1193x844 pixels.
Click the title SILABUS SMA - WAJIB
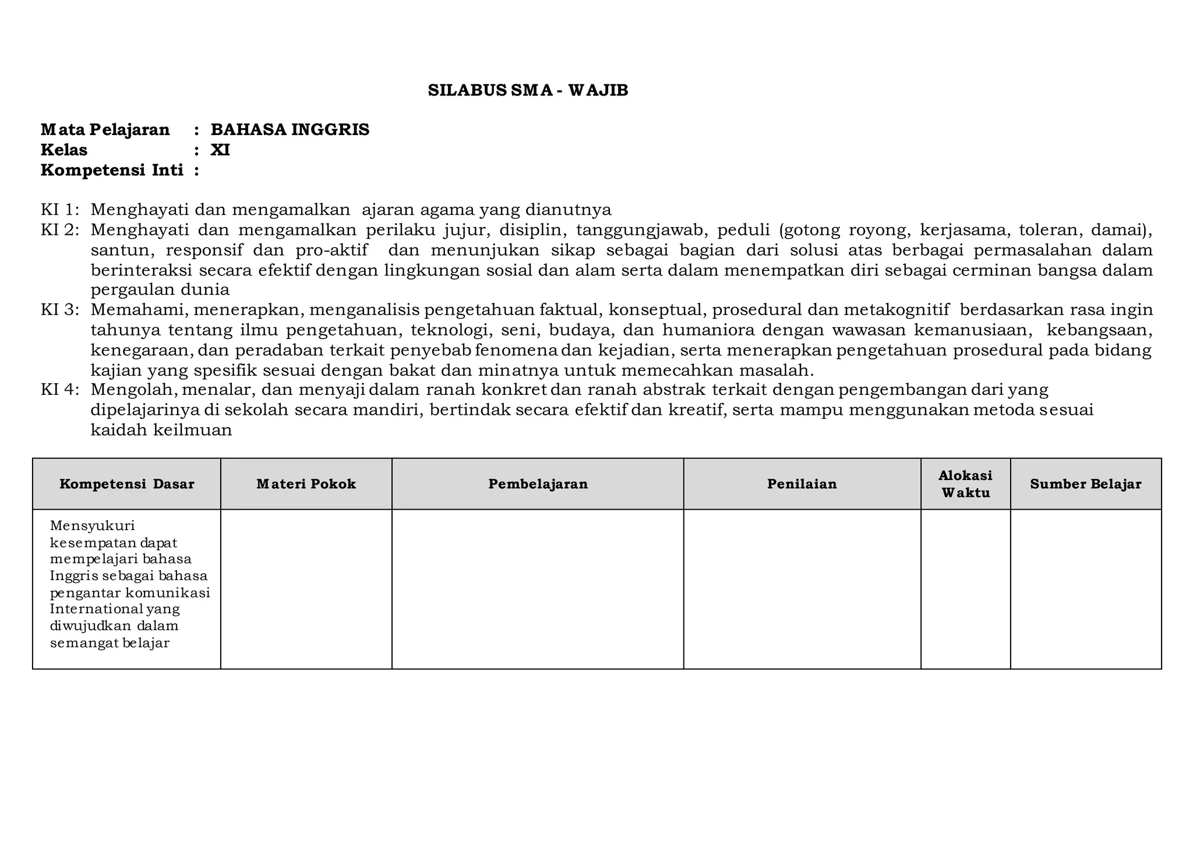(528, 91)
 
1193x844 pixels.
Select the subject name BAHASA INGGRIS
(290, 130)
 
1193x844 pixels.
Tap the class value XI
(220, 150)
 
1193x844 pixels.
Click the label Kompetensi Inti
(112, 171)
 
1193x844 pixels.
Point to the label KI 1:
(59, 210)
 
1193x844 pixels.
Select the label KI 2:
(59, 230)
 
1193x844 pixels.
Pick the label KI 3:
(59, 310)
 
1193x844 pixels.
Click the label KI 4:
(59, 390)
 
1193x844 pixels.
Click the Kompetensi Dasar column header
(127, 484)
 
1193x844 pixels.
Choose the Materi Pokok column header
(306, 484)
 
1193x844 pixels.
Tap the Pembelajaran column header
(538, 484)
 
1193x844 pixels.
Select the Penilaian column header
(802, 484)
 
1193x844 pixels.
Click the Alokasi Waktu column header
(965, 484)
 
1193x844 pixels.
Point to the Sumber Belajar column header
(1085, 484)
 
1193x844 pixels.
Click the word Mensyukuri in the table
(92, 526)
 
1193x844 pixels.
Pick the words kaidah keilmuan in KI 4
(161, 430)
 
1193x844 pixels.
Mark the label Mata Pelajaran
(105, 130)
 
